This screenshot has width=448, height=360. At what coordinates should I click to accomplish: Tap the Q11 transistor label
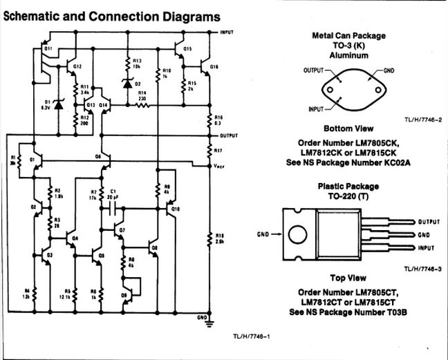pos(48,50)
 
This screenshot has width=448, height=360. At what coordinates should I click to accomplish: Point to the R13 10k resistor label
pos(137,64)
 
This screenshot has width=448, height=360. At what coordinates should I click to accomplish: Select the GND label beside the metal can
pos(389,70)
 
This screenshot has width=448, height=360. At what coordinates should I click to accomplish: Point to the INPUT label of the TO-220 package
pos(427,248)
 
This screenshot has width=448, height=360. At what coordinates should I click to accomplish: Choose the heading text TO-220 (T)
pos(348,196)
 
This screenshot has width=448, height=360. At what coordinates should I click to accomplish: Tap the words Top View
pos(348,277)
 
